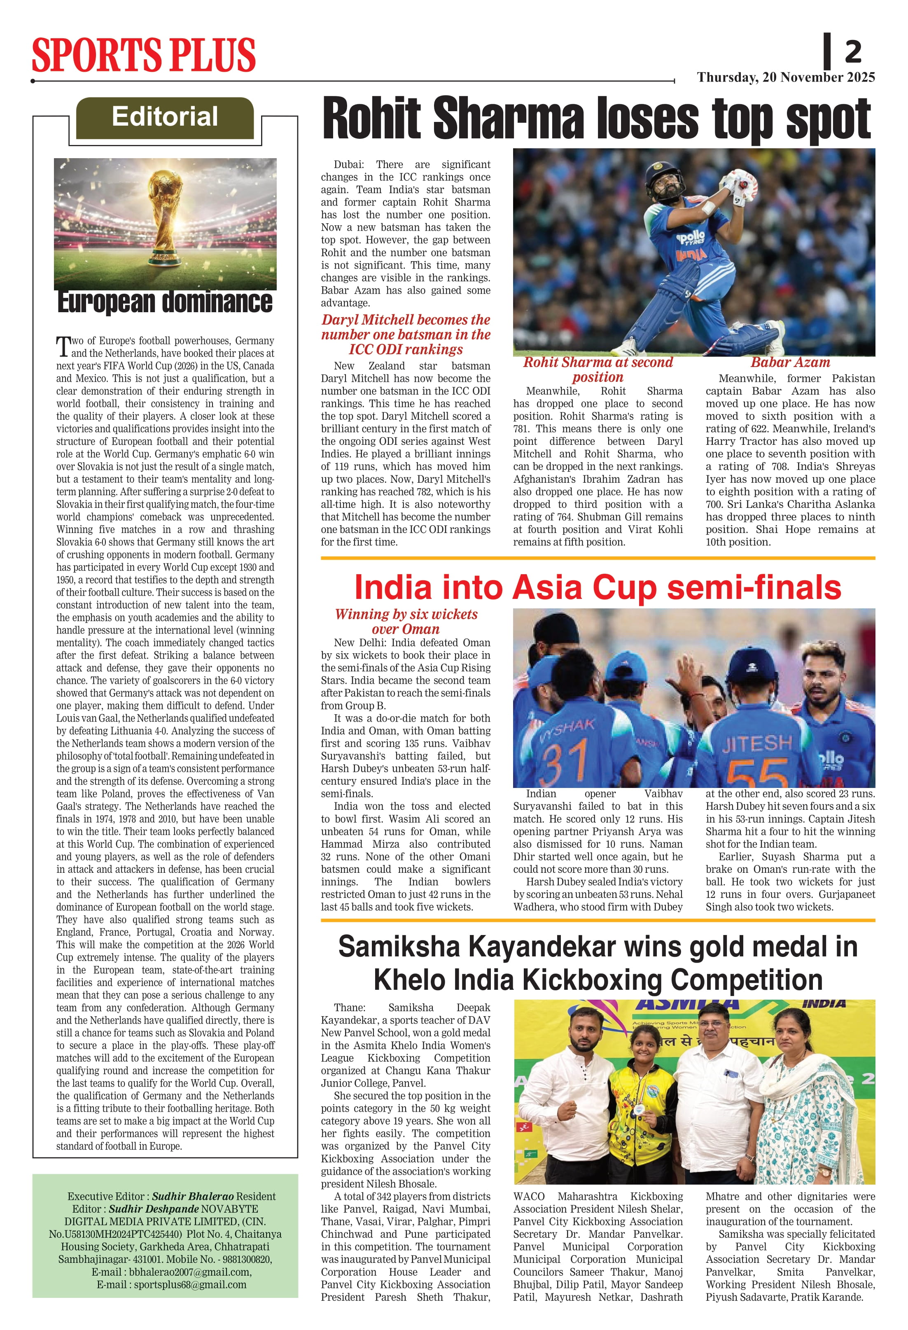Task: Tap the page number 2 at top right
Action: pyautogui.click(x=852, y=52)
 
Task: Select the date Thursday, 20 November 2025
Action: pyautogui.click(x=786, y=77)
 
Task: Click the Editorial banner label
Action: pyautogui.click(x=165, y=117)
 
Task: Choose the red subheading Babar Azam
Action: pyautogui.click(x=790, y=362)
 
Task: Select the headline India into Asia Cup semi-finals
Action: pyautogui.click(x=598, y=588)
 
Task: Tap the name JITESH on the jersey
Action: pyautogui.click(x=757, y=744)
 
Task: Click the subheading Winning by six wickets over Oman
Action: pyautogui.click(x=406, y=622)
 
